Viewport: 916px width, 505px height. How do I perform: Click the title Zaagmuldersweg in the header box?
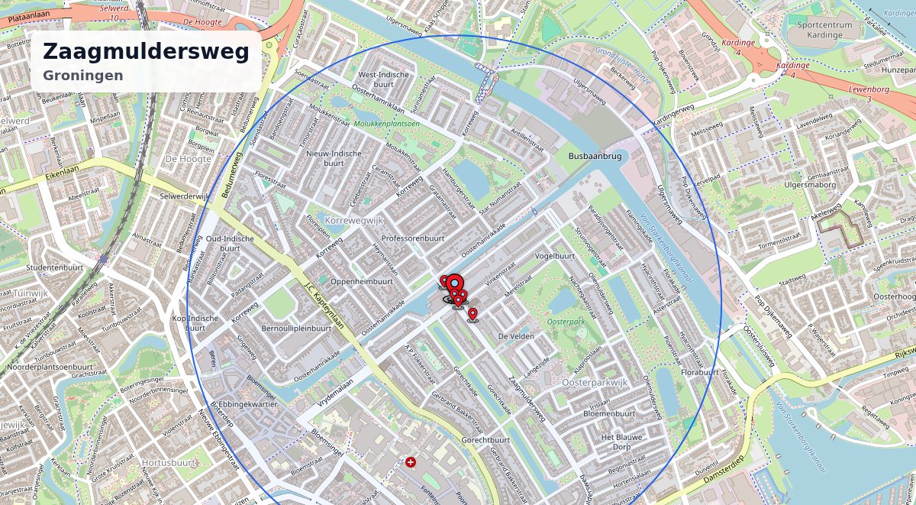click(x=146, y=52)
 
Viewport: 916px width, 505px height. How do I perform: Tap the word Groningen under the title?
click(x=83, y=76)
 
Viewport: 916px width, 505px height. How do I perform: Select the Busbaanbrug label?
click(x=595, y=156)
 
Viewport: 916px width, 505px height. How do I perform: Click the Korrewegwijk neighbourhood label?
click(x=353, y=220)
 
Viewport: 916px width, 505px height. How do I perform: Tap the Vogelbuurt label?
click(x=555, y=256)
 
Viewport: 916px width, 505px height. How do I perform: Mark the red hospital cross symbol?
click(x=411, y=462)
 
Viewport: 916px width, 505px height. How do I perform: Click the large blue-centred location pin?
click(x=454, y=283)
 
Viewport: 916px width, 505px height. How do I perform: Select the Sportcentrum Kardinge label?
click(x=831, y=30)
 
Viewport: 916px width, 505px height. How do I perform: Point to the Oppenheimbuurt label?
click(x=362, y=281)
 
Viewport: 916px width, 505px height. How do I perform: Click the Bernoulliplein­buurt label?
click(x=296, y=329)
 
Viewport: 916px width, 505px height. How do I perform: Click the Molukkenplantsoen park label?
click(x=386, y=124)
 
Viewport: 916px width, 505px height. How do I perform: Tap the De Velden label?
click(x=514, y=336)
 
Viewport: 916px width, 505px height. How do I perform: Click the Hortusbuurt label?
click(x=169, y=463)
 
